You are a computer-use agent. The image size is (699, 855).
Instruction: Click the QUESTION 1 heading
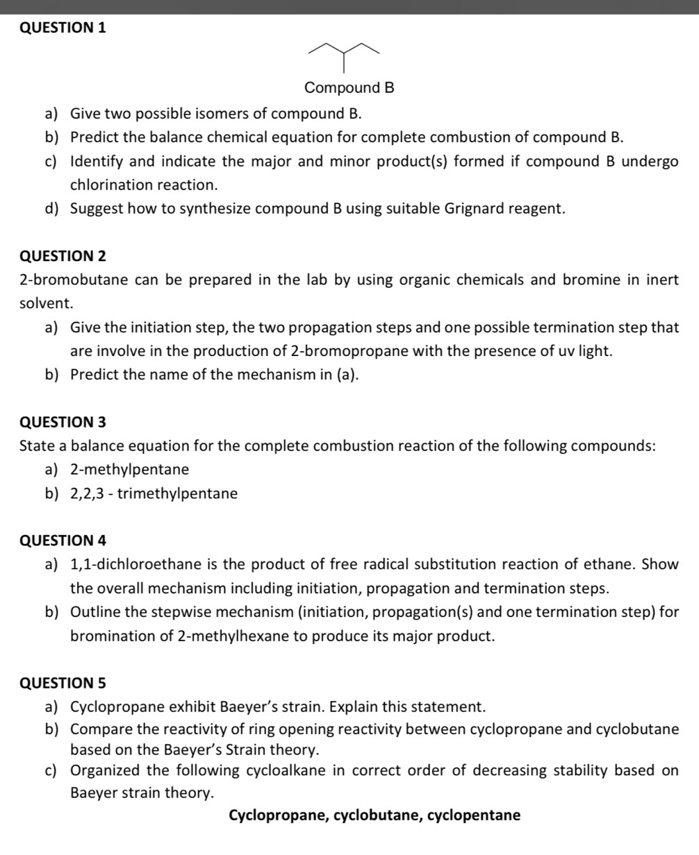(63, 28)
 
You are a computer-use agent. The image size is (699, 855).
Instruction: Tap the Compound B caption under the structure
(349, 88)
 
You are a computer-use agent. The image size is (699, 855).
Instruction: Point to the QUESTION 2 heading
(63, 256)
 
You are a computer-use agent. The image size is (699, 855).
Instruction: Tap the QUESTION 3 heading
(63, 422)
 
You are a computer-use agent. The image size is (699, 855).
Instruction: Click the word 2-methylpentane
(129, 470)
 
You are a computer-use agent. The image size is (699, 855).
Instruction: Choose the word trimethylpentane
(178, 494)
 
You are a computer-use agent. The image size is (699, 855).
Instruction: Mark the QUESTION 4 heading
(63, 541)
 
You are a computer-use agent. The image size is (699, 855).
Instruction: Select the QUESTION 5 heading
(63, 683)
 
